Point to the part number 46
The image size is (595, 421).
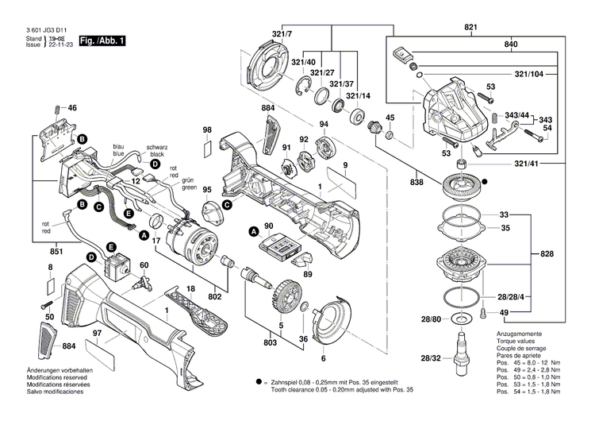click(x=72, y=107)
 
